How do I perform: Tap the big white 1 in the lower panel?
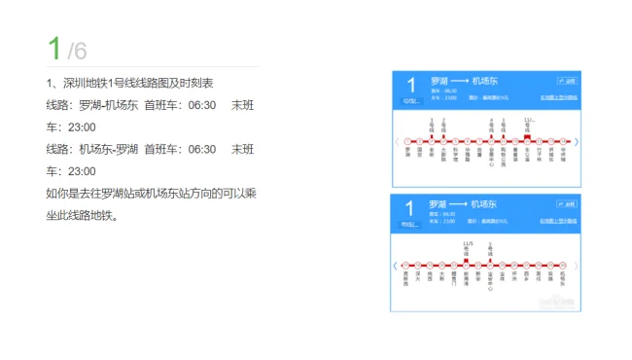pos(410,208)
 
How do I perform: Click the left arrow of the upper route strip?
pos(397,142)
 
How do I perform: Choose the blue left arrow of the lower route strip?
pos(395,267)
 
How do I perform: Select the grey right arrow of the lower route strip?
pos(578,267)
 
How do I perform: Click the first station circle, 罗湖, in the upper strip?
pos(407,142)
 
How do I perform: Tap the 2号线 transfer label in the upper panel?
pos(444,126)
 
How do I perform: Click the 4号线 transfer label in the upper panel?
pos(492,126)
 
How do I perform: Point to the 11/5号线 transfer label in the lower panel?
pos(468,248)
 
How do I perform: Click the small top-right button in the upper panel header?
pos(567,81)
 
